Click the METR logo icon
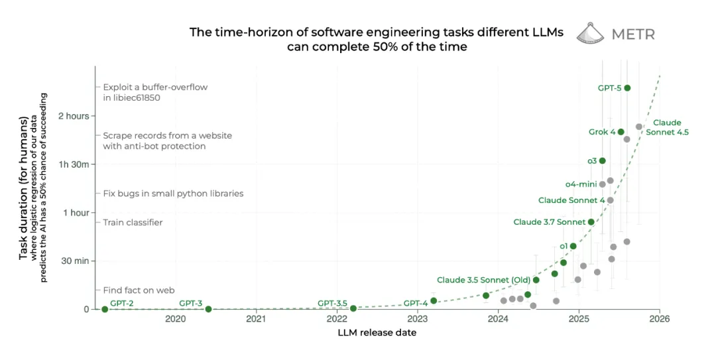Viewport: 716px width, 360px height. click(590, 33)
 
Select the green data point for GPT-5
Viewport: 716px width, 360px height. click(627, 88)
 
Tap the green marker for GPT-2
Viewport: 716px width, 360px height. click(105, 309)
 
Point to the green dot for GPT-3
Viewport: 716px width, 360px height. click(208, 309)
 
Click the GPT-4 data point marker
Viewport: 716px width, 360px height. click(434, 300)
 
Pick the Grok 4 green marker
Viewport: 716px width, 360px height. click(621, 132)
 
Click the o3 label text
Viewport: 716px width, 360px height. click(592, 160)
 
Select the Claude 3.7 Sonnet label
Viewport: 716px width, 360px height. click(549, 222)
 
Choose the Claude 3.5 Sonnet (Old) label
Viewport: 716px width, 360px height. click(483, 280)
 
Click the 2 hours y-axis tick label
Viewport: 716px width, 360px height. click(74, 116)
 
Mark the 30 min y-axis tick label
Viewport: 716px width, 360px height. click(75, 261)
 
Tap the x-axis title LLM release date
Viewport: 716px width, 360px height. click(377, 333)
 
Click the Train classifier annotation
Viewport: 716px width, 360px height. click(133, 222)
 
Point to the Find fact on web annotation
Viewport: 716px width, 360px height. click(139, 290)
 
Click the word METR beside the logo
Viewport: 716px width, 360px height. click(632, 34)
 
